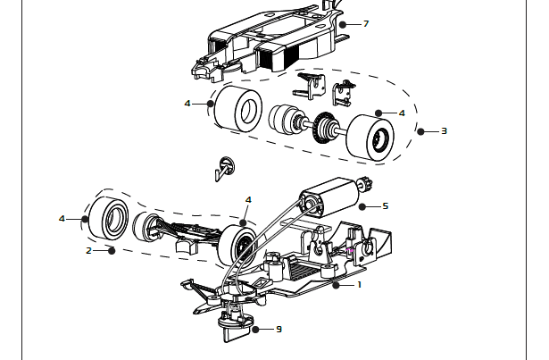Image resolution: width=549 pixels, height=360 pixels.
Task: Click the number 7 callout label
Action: tap(365, 24)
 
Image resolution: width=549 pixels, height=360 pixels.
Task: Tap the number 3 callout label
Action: tap(444, 131)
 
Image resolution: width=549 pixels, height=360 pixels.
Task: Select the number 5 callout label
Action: tap(385, 206)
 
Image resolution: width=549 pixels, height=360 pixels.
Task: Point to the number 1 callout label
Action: tap(359, 285)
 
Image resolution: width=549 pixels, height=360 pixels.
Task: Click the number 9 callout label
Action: tap(279, 330)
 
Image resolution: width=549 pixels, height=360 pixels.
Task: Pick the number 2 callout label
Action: tap(89, 251)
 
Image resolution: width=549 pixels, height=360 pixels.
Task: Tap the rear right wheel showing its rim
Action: tap(371, 138)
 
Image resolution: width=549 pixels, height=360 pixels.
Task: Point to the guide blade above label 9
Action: tap(236, 318)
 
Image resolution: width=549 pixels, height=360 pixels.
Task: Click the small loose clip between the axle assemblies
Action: tap(223, 167)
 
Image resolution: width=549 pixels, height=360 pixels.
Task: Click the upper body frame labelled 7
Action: tap(268, 45)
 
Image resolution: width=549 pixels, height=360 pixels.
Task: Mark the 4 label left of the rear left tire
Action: tap(187, 104)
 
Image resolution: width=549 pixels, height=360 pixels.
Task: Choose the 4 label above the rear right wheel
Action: tap(403, 113)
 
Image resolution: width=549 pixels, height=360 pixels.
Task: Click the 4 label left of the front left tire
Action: tap(62, 218)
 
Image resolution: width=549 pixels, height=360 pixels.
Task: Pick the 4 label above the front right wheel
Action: tap(248, 199)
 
